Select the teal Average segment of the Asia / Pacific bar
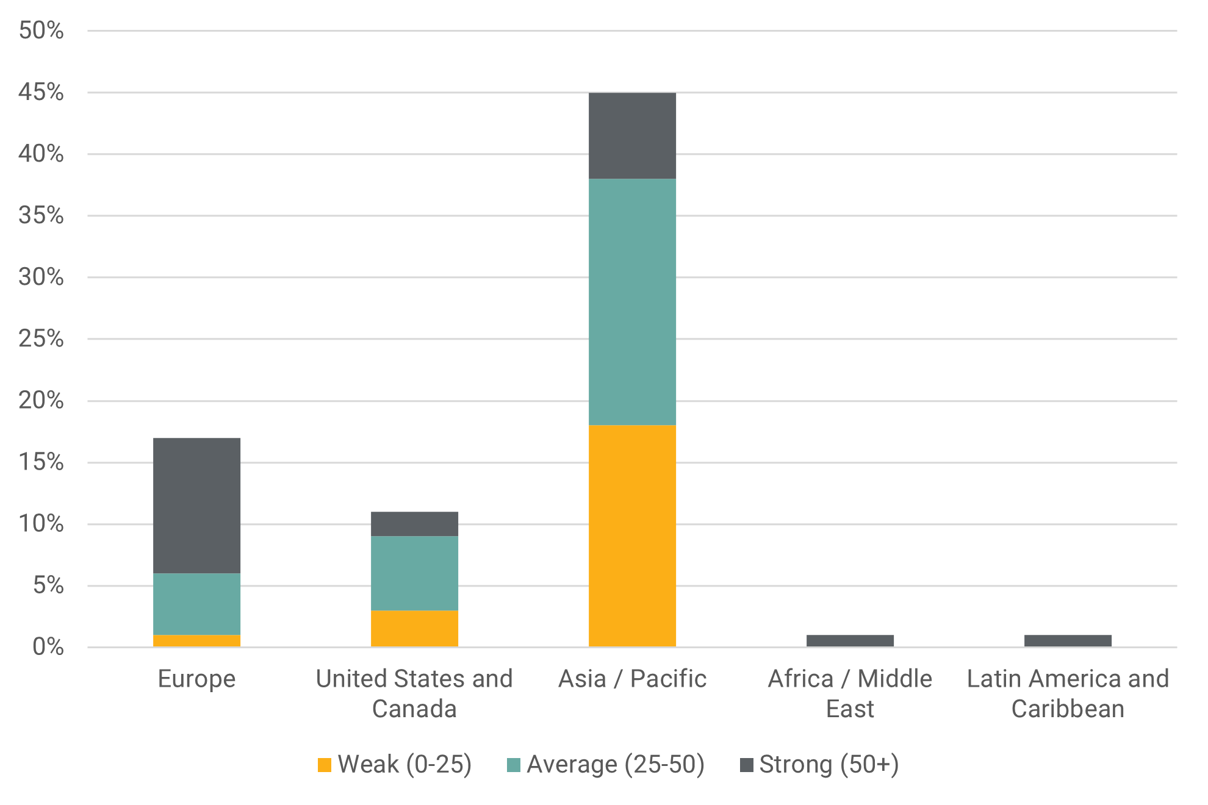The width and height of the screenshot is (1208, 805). pos(632,302)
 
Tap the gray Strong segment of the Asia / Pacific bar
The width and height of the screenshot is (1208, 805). pos(632,135)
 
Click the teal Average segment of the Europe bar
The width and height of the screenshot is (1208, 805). pos(196,604)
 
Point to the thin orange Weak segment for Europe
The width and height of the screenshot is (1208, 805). pos(196,640)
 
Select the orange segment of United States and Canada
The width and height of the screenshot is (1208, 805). pos(414,628)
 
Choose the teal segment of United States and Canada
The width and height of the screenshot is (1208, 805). pos(414,573)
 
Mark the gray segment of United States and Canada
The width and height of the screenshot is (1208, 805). pos(414,524)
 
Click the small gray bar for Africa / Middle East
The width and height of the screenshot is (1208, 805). pos(850,640)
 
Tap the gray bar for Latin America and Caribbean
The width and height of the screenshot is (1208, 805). pos(1068,640)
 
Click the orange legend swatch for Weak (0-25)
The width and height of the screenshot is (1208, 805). pos(325,765)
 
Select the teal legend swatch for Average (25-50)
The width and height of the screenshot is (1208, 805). pos(514,765)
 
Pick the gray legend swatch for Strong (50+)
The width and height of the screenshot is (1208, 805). pos(746,765)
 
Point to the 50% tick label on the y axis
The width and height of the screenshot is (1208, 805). pos(41,30)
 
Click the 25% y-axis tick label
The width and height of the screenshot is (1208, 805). pos(41,339)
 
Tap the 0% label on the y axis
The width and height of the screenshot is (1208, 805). pos(48,647)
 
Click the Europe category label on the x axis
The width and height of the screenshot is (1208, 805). pos(196,679)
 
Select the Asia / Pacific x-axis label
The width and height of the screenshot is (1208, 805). pos(632,679)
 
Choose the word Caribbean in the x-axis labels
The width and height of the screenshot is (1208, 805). pos(1068,709)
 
